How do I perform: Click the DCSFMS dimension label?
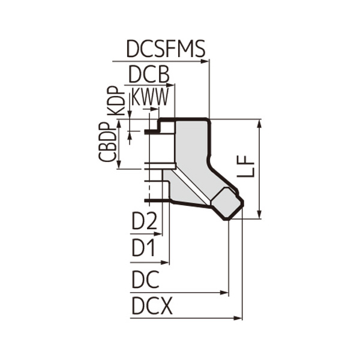[166, 49]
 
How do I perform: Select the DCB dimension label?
[149, 74]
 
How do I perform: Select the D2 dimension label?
[144, 222]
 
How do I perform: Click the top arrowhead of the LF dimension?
[259, 122]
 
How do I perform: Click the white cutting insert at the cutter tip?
[229, 204]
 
